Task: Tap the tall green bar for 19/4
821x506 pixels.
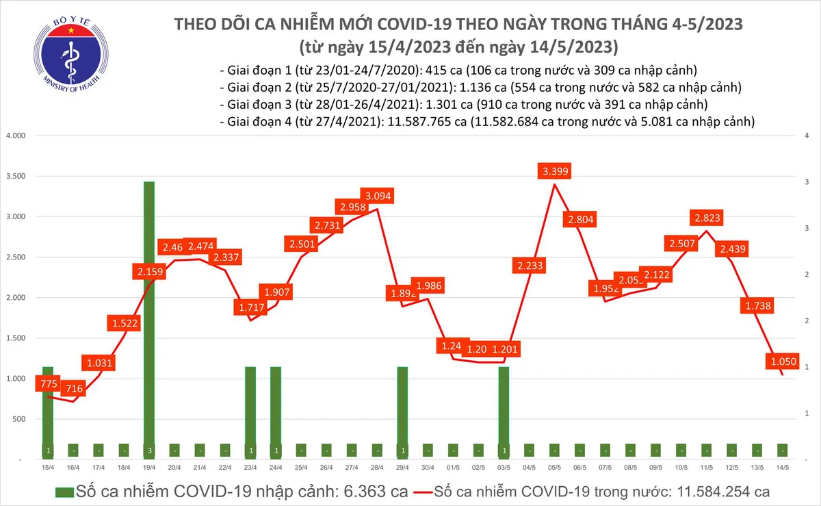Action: tap(149, 315)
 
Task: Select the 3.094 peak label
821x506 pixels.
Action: tap(378, 197)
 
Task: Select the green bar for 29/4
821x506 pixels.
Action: tap(403, 411)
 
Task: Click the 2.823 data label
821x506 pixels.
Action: tap(708, 218)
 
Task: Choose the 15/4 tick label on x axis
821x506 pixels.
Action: tap(47, 468)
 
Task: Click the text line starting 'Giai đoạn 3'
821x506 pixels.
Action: tap(463, 105)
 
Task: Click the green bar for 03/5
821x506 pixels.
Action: tap(503, 411)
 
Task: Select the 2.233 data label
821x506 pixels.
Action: tap(530, 266)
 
